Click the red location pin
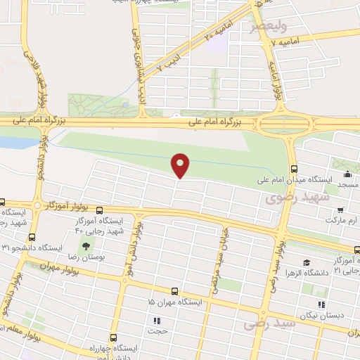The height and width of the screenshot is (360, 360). coord(181,165)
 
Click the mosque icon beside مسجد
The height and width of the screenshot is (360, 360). coord(345,173)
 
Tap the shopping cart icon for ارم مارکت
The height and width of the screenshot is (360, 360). coord(341,210)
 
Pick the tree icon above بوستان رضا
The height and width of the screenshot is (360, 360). coord(86,245)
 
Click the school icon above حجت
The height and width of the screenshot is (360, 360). coord(156,321)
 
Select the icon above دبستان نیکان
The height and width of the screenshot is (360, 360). coord(321,304)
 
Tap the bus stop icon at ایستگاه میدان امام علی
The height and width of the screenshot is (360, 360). coord(294,169)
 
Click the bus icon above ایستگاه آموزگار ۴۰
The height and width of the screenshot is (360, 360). coord(99,210)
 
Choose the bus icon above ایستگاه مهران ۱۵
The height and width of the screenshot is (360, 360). coord(174,291)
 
